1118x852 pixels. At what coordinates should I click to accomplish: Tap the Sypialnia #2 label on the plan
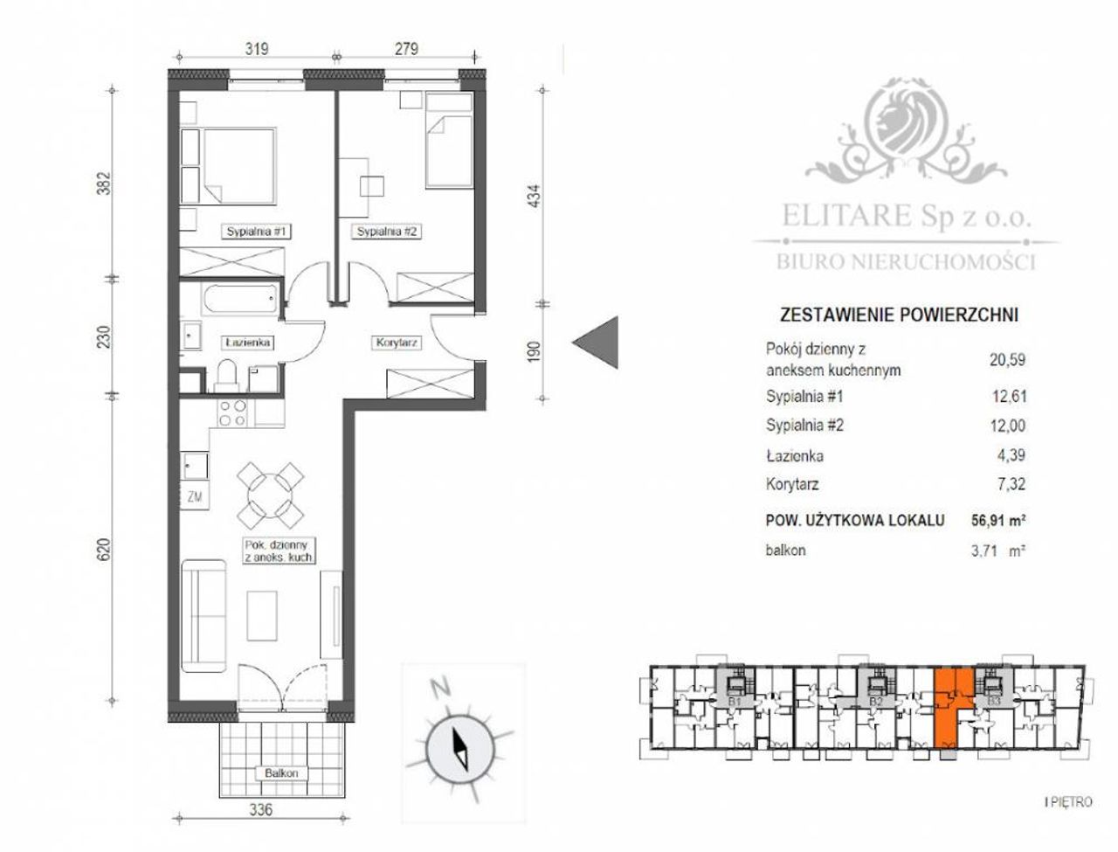(387, 232)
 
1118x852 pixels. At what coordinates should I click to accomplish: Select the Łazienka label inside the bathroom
(247, 343)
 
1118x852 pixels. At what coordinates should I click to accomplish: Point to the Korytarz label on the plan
(397, 343)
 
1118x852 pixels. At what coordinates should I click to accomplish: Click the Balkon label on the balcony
(281, 773)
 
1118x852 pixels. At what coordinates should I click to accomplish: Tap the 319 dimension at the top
(257, 49)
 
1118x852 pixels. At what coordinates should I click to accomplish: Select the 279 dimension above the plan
(406, 49)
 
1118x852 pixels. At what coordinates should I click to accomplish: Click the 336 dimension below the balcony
(261, 808)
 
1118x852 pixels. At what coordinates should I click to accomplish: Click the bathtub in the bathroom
(240, 300)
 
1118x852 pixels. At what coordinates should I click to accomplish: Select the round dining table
(270, 495)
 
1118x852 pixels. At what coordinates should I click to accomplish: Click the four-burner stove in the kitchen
(232, 413)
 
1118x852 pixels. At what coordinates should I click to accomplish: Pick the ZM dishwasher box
(194, 495)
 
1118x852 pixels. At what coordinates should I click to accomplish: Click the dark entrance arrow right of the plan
(596, 343)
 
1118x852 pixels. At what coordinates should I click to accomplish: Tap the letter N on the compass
(440, 689)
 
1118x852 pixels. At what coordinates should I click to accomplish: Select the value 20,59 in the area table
(1007, 360)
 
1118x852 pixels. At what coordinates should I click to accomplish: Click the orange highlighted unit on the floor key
(947, 711)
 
